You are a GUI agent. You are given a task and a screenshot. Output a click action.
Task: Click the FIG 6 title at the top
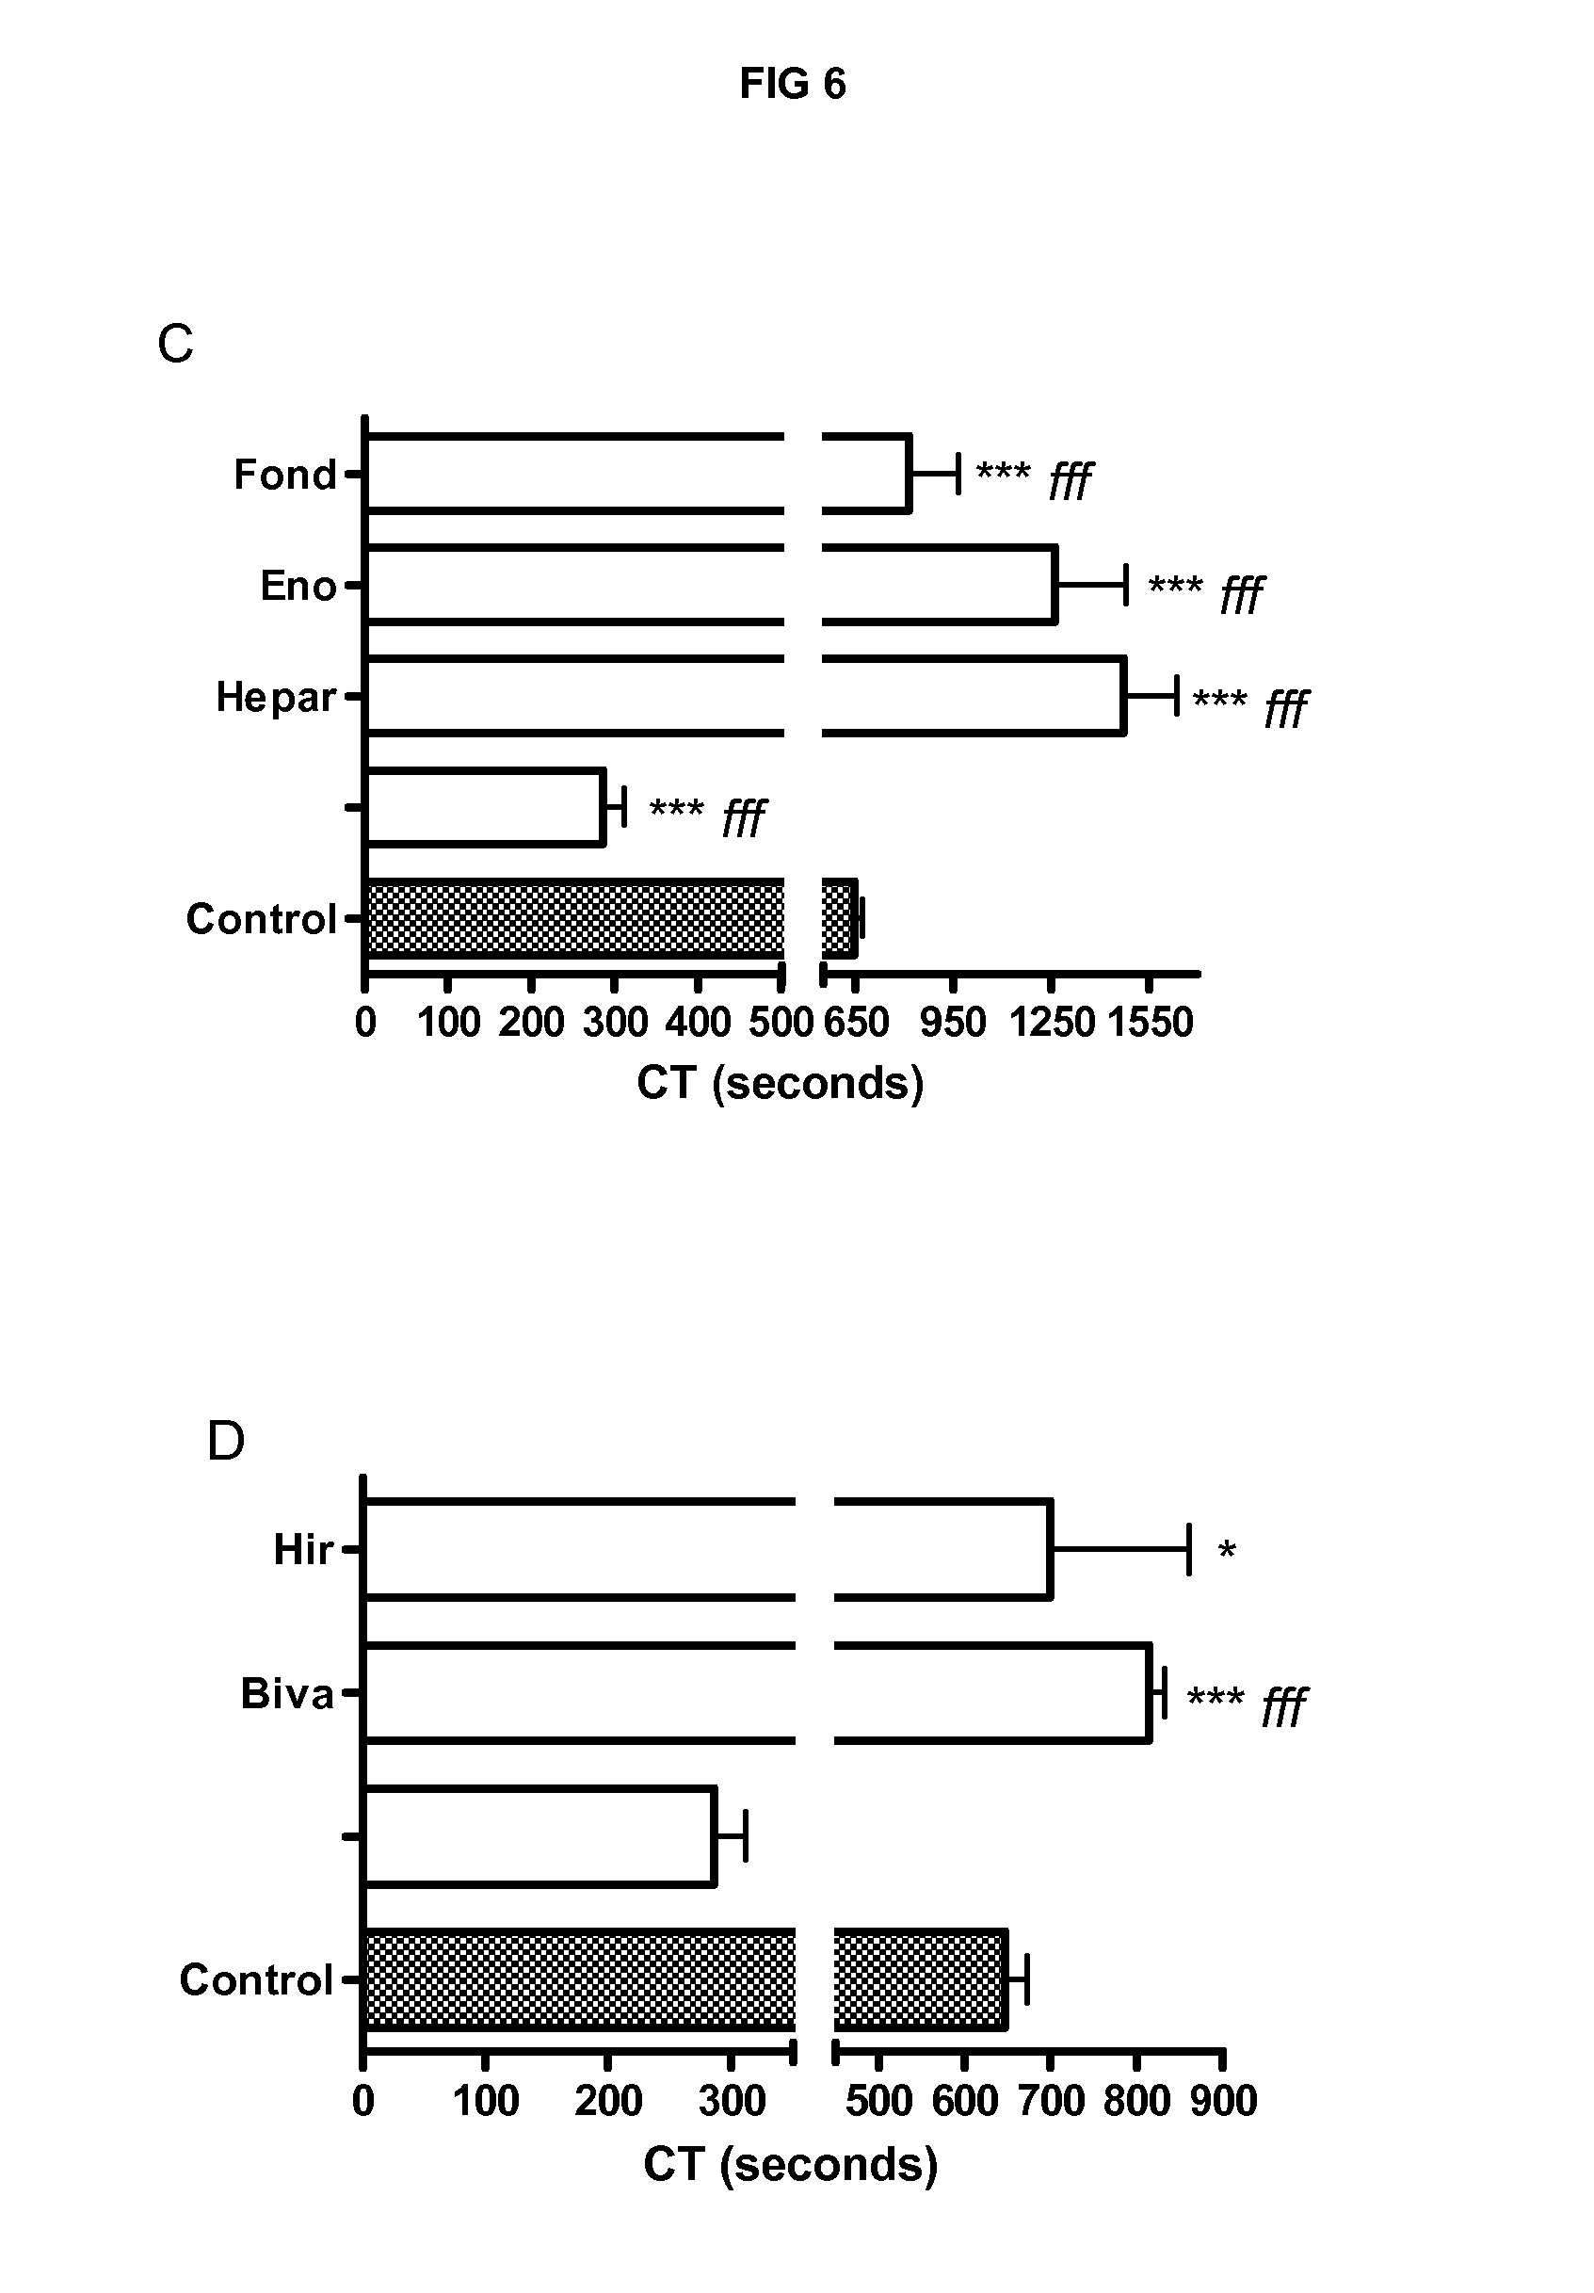coord(792,84)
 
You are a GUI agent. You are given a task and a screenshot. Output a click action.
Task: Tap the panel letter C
coord(175,345)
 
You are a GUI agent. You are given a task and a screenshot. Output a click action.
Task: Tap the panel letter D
coord(226,1441)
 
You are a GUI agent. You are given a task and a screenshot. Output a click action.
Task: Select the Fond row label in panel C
coord(284,476)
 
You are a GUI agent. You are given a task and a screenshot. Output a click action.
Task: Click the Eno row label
coord(298,587)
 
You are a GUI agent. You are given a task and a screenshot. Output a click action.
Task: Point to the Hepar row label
coord(276,697)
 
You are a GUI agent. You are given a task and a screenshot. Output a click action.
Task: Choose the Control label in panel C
coord(261,919)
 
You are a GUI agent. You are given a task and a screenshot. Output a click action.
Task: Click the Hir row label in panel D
coord(302,1550)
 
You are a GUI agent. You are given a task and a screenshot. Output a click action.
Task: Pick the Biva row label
coord(286,1694)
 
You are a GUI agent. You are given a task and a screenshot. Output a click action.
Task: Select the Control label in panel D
coord(256,1979)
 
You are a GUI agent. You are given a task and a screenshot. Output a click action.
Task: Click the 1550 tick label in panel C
coord(1150,1023)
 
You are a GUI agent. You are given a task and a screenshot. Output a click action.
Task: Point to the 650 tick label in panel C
coord(856,1023)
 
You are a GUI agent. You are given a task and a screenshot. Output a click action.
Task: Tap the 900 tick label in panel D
coord(1223,2101)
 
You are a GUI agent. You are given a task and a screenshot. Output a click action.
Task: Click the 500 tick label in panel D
coord(878,2101)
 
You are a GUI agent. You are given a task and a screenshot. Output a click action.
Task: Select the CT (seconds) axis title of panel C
coord(780,1083)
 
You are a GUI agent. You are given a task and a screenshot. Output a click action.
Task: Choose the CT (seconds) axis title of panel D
coord(790,2164)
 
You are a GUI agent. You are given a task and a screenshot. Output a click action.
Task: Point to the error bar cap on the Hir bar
coord(1188,1550)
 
